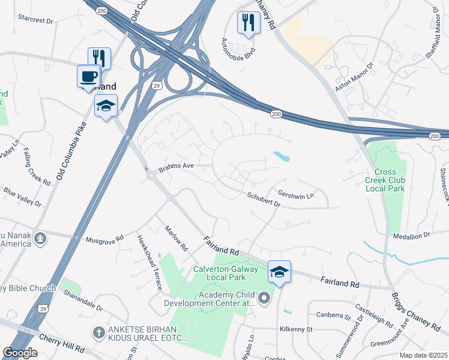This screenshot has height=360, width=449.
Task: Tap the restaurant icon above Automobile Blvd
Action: (x=248, y=23)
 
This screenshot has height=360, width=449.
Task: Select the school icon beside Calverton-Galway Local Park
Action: (x=279, y=272)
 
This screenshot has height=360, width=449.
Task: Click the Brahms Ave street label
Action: (x=176, y=169)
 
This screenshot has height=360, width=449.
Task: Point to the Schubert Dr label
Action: (x=264, y=199)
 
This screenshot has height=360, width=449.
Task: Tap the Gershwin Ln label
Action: (x=296, y=195)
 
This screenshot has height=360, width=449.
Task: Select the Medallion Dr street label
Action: (x=411, y=236)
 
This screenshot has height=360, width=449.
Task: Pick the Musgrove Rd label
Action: (x=104, y=238)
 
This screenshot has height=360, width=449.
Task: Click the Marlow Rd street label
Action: (x=176, y=238)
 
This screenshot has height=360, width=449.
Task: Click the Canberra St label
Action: (x=333, y=316)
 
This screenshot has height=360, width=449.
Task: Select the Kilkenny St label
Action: (x=296, y=329)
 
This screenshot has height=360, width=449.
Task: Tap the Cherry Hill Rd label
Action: (x=62, y=350)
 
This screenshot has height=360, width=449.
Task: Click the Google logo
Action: (x=20, y=353)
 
